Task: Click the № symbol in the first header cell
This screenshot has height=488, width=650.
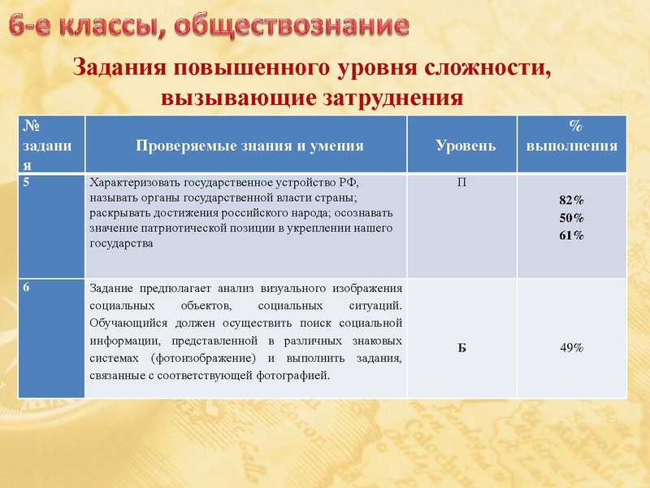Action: click(x=32, y=125)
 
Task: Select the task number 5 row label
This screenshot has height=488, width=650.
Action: click(x=28, y=183)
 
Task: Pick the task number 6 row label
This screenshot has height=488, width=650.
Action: click(x=28, y=287)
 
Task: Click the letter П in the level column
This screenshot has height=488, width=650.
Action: click(x=461, y=183)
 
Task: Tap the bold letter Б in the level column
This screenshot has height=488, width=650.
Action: click(x=461, y=347)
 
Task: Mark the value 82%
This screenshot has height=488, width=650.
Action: click(x=571, y=200)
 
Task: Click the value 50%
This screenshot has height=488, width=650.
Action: click(x=571, y=218)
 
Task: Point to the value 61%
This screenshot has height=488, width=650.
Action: click(x=571, y=236)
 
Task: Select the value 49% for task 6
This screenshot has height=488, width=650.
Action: click(x=571, y=347)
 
